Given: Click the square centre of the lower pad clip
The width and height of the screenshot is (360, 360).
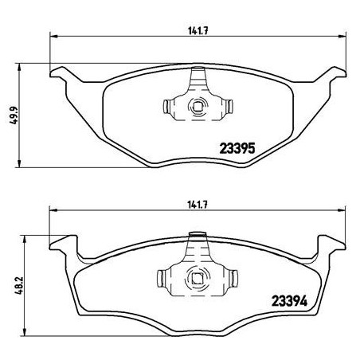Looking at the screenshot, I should [x=195, y=278].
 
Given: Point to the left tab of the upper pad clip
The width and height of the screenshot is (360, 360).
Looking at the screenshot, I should [x=166, y=106].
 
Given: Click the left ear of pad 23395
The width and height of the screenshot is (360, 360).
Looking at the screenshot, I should [x=64, y=76].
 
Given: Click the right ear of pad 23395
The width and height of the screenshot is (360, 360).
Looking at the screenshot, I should [x=326, y=76].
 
